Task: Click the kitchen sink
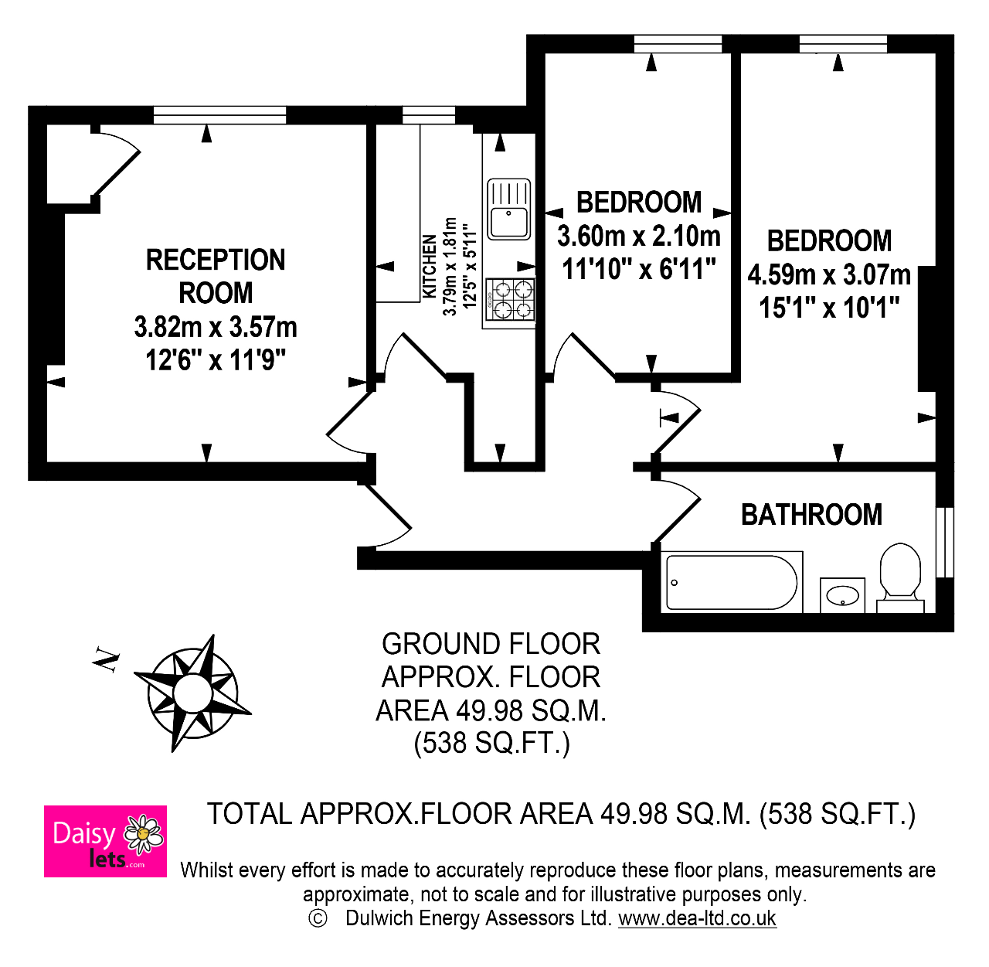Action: pos(508,209)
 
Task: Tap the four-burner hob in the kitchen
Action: pos(510,299)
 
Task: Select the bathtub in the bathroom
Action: pos(732,582)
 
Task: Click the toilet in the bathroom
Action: pos(900,578)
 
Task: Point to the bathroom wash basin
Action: pos(842,595)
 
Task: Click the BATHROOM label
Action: pos(811,515)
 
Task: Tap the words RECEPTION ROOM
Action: pos(216,276)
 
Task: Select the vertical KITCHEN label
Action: pos(430,266)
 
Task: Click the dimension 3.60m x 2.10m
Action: pos(639,237)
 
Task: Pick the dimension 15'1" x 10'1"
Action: pos(829,308)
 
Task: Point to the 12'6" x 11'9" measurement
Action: pos(216,360)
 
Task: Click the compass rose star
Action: pos(193,693)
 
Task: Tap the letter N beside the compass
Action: pos(106,659)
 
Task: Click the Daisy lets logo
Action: pos(105,841)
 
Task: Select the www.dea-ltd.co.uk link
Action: pos(697,918)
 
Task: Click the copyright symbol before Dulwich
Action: pos(318,918)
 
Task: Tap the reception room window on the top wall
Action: pos(219,115)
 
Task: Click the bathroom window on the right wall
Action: pos(945,542)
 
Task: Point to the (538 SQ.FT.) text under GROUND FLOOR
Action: pos(492,743)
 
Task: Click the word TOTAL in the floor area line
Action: pos(249,813)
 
